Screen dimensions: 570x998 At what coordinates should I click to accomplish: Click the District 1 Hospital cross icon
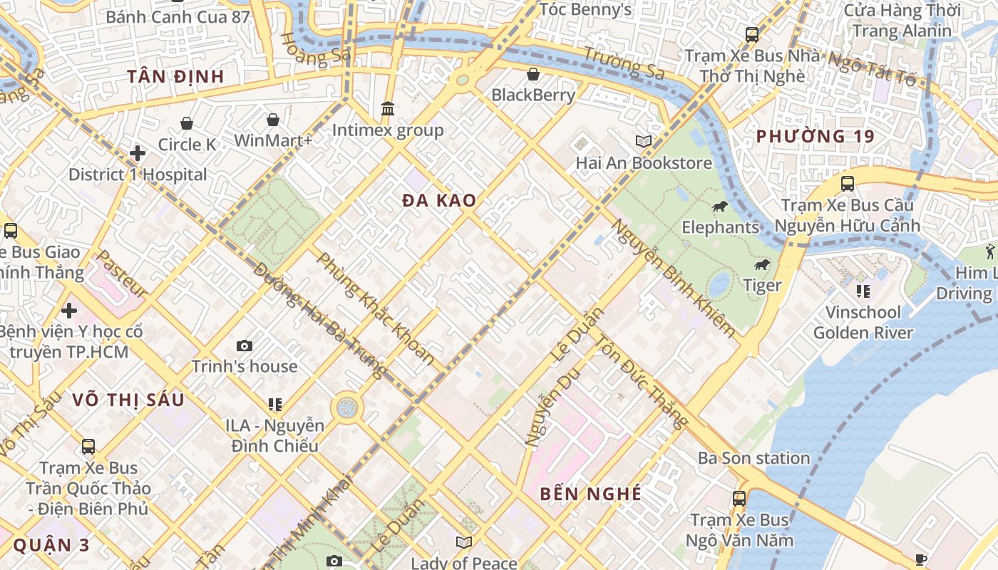click(138, 153)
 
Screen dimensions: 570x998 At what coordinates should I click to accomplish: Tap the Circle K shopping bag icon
click(187, 124)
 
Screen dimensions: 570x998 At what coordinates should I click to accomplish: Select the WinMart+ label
click(273, 140)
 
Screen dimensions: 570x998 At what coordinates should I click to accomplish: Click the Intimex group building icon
click(388, 109)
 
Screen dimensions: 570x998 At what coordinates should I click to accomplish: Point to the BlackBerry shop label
click(533, 95)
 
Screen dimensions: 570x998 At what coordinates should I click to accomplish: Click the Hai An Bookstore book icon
click(644, 142)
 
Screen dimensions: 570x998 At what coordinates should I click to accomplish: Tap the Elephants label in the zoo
click(721, 227)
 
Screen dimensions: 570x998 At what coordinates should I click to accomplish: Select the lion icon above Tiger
click(762, 266)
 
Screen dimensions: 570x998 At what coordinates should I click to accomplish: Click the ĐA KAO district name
click(439, 201)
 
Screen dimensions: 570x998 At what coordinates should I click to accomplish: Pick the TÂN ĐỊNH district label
click(176, 76)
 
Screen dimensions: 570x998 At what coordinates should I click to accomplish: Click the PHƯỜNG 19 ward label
click(815, 136)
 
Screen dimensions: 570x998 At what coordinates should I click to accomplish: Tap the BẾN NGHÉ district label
click(590, 494)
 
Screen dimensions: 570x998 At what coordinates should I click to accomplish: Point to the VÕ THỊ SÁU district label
click(128, 400)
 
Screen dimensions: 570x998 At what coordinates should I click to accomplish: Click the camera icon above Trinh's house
click(245, 346)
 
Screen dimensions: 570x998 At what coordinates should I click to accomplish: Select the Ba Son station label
click(753, 457)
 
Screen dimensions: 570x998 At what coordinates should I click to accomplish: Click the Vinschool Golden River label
click(863, 322)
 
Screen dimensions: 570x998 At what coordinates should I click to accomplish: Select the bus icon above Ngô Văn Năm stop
click(739, 499)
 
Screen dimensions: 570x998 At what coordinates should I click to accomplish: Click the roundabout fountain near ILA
click(347, 408)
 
